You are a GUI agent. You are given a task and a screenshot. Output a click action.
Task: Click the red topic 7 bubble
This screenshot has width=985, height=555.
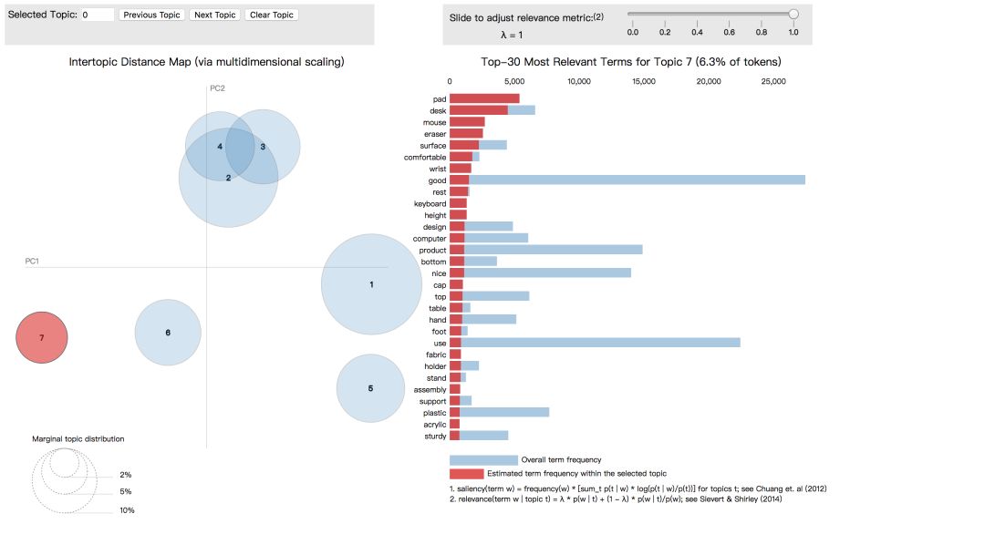pyautogui.click(x=42, y=337)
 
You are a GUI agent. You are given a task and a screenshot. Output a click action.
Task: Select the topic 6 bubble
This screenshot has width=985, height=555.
pyautogui.click(x=168, y=333)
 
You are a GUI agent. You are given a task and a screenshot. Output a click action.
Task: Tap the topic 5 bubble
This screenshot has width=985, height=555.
pyautogui.click(x=370, y=388)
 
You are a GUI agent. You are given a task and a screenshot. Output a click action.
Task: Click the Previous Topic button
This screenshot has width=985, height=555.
pyautogui.click(x=152, y=15)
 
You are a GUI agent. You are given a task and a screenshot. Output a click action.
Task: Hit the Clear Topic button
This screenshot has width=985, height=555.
pyautogui.click(x=271, y=15)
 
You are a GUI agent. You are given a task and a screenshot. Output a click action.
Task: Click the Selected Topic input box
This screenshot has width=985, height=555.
pyautogui.click(x=97, y=15)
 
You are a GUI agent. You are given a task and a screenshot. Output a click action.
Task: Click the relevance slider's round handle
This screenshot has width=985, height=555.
pyautogui.click(x=793, y=14)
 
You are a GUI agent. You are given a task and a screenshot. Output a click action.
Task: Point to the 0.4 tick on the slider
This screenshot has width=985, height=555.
pyautogui.click(x=697, y=32)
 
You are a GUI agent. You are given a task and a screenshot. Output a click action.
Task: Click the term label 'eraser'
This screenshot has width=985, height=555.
pyautogui.click(x=434, y=134)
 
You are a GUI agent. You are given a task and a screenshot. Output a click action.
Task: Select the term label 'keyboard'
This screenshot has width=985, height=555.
pyautogui.click(x=430, y=203)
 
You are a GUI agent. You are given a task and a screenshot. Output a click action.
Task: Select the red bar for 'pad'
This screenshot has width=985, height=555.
pyautogui.click(x=484, y=98)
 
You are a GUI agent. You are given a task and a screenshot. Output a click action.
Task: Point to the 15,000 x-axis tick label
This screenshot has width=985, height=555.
pyautogui.click(x=644, y=81)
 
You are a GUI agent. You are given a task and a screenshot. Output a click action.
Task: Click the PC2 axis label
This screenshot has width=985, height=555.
pyautogui.click(x=217, y=88)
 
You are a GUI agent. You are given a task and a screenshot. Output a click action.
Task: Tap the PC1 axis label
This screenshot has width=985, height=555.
pyautogui.click(x=32, y=262)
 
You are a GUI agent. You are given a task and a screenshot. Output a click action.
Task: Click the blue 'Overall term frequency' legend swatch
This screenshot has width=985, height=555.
pyautogui.click(x=483, y=460)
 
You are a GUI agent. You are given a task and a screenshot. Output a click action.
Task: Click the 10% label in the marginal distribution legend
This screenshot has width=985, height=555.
pyautogui.click(x=127, y=510)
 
